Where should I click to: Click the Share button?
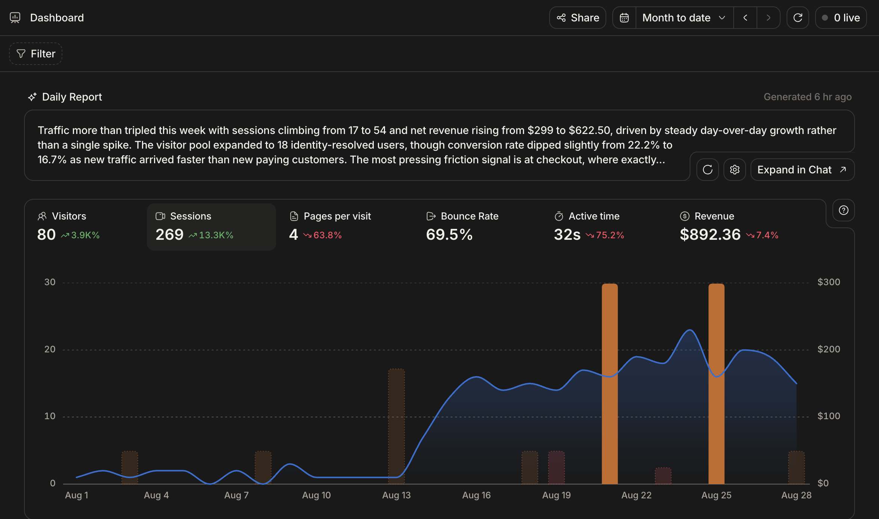(578, 18)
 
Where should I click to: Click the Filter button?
(36, 54)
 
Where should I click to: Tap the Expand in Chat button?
(802, 170)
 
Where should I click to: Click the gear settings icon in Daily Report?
(735, 170)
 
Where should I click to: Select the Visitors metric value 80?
(46, 235)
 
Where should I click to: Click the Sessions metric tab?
(211, 227)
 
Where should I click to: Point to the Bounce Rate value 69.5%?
(449, 235)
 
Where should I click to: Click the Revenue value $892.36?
(710, 235)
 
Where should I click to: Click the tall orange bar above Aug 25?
(716, 384)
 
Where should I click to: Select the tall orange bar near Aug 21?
(610, 384)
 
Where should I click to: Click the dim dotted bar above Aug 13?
(396, 426)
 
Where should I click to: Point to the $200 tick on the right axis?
(829, 349)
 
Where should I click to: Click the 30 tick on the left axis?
(50, 282)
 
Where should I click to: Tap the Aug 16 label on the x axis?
(476, 495)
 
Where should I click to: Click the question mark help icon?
(844, 210)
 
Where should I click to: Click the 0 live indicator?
(841, 18)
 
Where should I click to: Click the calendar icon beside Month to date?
(624, 18)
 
